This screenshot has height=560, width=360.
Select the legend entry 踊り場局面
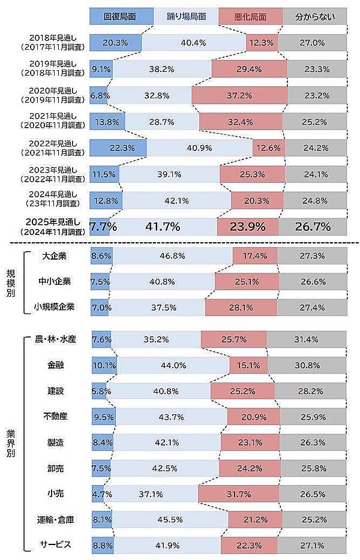186,16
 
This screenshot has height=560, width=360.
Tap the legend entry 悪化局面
251,16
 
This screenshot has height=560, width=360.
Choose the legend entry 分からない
314,16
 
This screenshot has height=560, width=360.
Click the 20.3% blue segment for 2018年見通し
115,43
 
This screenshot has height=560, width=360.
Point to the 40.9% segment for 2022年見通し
199,147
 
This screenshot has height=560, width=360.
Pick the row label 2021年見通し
55,121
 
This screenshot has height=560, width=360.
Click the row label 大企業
55,256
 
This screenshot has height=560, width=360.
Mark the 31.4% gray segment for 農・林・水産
306,339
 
